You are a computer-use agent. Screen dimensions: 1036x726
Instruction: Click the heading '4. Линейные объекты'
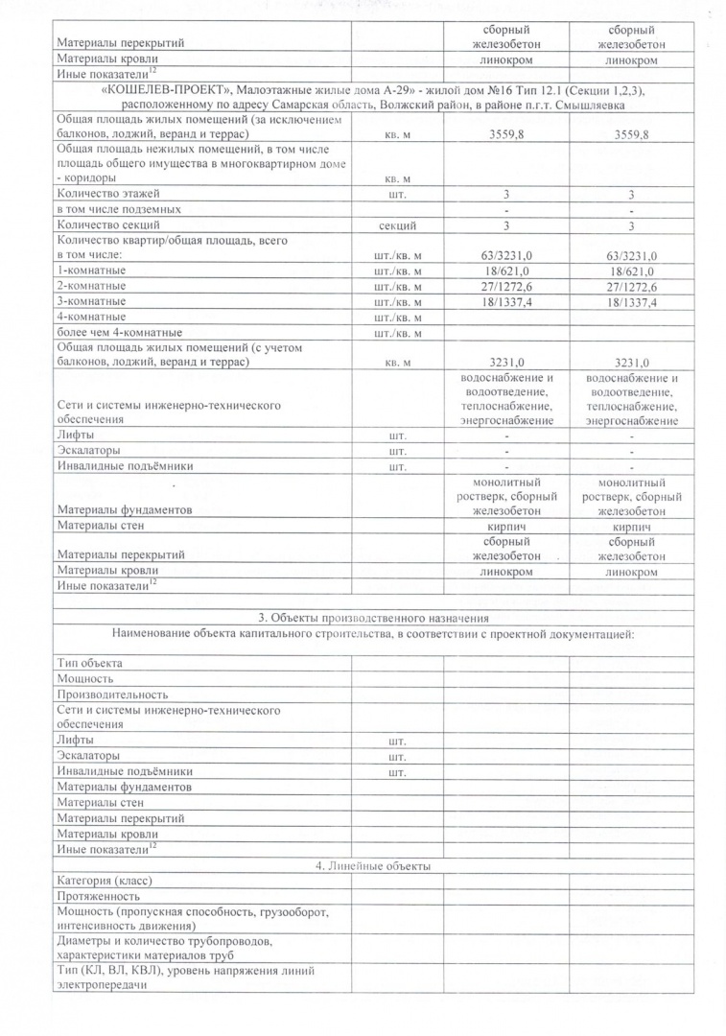point(373,867)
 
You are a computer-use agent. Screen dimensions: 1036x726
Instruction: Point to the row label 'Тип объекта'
point(90,663)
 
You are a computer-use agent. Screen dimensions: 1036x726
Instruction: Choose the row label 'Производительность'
point(113,694)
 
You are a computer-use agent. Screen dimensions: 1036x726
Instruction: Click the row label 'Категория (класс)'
point(105,881)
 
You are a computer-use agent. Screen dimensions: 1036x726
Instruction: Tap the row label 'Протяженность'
point(99,896)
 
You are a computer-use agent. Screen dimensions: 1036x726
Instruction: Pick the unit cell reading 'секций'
point(397,225)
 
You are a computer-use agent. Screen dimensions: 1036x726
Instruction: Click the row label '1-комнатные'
point(92,271)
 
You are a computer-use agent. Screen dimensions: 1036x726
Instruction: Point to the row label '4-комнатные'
point(92,317)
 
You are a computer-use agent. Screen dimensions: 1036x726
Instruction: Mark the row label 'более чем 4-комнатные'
point(120,332)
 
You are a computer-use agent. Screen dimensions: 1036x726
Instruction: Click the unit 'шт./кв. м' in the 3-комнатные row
point(397,301)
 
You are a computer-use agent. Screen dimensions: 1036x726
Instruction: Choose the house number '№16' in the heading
point(445,90)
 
